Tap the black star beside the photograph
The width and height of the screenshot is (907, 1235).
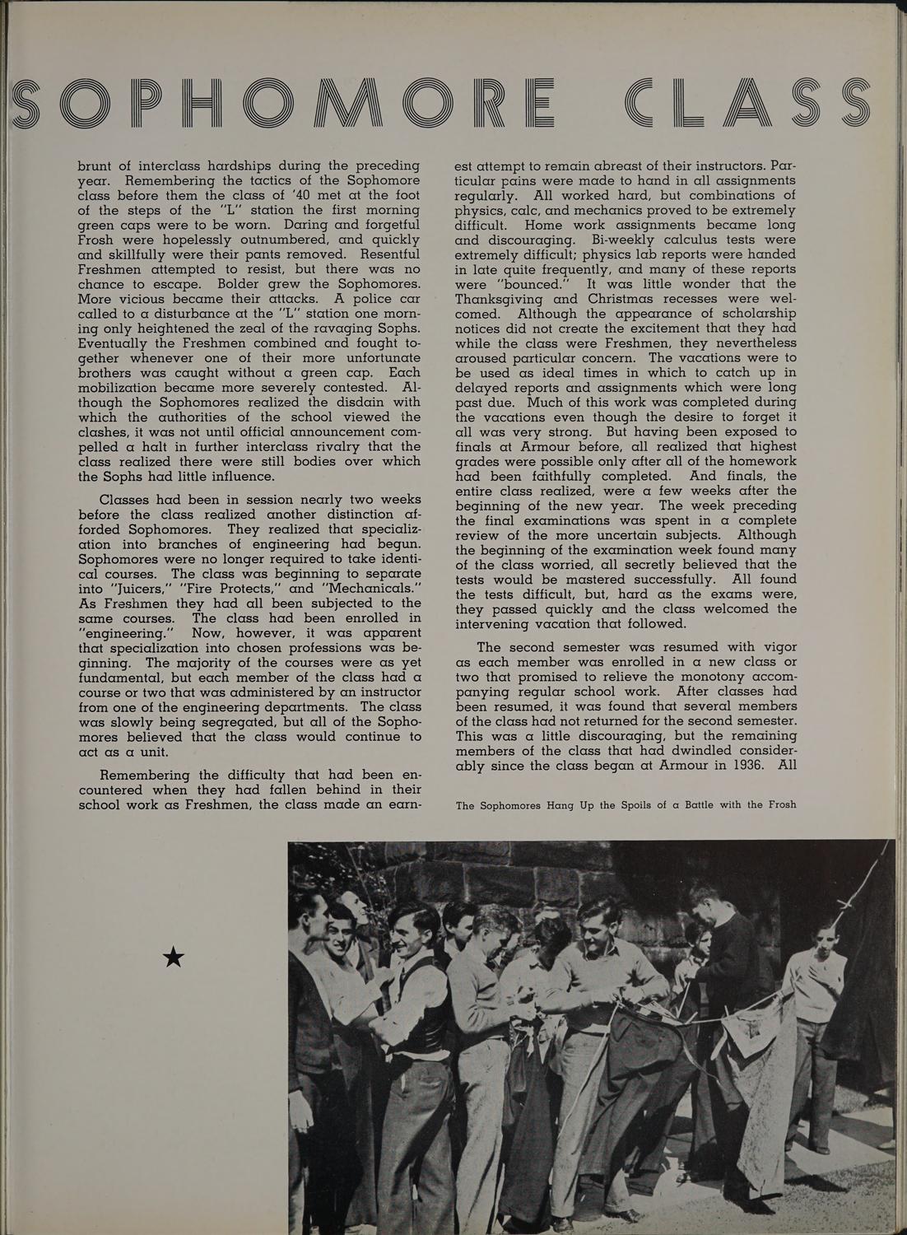pyautogui.click(x=174, y=957)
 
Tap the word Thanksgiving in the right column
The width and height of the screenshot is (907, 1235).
pyautogui.click(x=497, y=299)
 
